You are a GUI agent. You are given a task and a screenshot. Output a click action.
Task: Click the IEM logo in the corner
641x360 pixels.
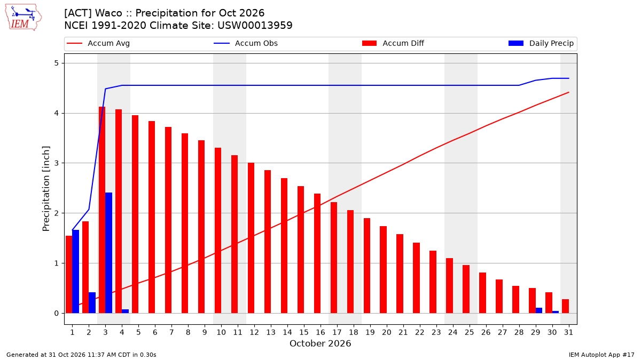[24, 18]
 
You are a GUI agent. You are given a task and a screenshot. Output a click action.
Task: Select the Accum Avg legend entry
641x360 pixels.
[98, 43]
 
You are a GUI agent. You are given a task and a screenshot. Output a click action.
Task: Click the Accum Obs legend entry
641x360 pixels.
[246, 43]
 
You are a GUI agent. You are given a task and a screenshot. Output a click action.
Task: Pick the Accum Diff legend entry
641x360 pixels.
[393, 43]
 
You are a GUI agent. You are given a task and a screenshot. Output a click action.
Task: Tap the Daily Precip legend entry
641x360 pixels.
[541, 43]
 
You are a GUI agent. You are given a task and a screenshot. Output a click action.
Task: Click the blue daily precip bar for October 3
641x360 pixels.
[109, 253]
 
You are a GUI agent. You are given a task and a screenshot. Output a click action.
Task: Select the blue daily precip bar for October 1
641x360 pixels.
[75, 271]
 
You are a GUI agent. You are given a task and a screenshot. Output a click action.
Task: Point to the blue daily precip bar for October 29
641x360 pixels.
[539, 310]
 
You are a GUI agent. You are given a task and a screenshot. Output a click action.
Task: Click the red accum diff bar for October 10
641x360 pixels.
[218, 230]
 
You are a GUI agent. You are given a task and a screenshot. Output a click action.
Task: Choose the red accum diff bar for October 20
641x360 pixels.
[383, 270]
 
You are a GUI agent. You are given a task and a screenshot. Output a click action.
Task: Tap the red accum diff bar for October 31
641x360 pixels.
[565, 306]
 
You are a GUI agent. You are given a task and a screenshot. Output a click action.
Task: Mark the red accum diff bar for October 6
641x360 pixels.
[152, 217]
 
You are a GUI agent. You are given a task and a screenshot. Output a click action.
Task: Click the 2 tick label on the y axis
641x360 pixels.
[57, 213]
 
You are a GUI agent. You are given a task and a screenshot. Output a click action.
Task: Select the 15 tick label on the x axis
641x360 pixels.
[304, 332]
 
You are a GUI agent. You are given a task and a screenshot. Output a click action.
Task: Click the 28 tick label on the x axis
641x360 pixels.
[519, 332]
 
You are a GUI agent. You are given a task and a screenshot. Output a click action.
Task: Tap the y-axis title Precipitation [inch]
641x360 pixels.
[46, 189]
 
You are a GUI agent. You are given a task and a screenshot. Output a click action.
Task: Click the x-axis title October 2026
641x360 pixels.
[320, 343]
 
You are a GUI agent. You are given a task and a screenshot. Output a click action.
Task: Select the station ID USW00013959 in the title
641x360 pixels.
[255, 26]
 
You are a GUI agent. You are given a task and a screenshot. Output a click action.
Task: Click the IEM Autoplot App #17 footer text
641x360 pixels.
[601, 355]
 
